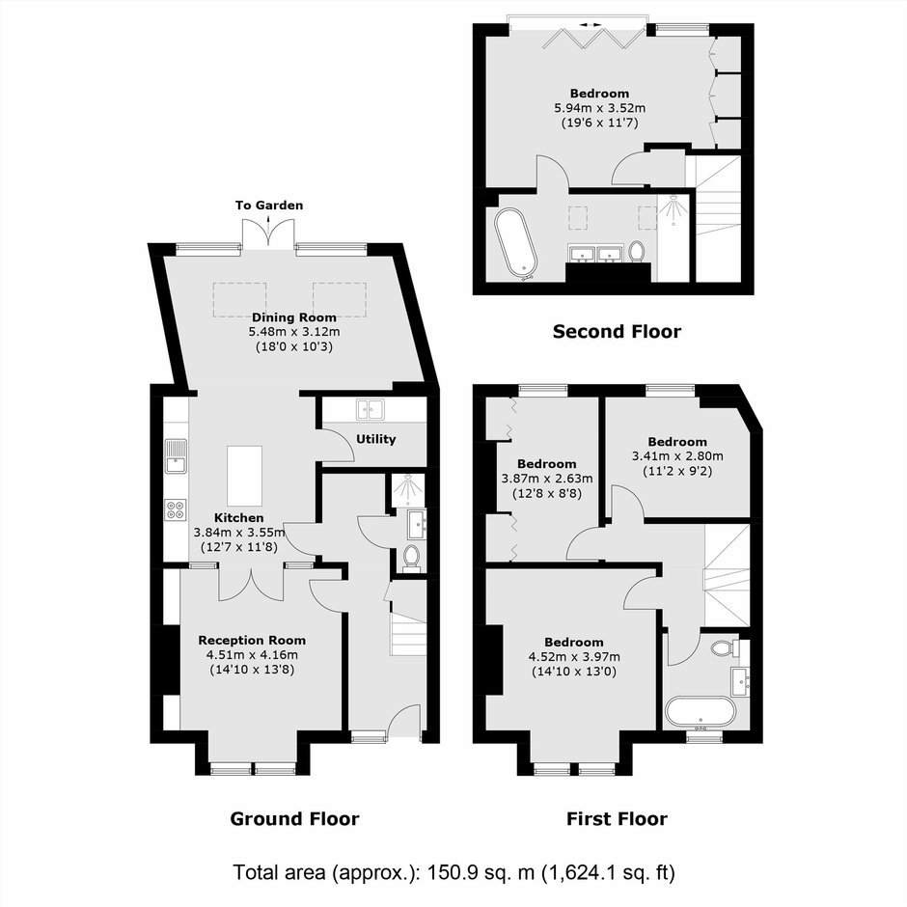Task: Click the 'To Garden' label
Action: coord(269,206)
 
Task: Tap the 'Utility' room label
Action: coord(376,439)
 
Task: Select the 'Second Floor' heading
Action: coord(617,332)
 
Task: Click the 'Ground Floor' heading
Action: coord(294,818)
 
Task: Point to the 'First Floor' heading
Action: coord(617,818)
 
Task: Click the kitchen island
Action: coord(245,476)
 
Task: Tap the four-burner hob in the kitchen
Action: coord(176,509)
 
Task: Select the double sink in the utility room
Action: coord(371,409)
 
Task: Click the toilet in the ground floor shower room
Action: coord(411,558)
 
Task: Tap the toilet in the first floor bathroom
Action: coord(725,646)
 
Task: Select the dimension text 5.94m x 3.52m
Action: coord(600,108)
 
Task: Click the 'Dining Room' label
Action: coord(294,317)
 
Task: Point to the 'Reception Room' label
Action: coord(252,641)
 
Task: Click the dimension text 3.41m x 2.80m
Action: coord(677,456)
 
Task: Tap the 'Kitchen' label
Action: coord(239,518)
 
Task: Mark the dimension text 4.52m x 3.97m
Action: coord(574,657)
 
